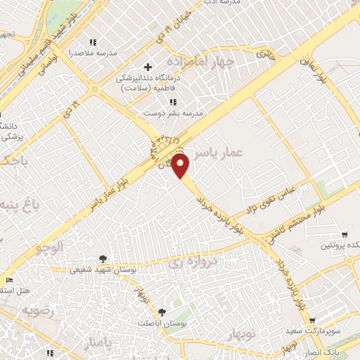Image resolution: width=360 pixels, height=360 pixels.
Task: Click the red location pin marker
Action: (x=181, y=167)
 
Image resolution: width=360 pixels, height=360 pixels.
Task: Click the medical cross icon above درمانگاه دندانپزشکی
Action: (x=148, y=67)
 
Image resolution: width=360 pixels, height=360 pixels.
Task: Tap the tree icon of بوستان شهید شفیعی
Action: (x=104, y=259)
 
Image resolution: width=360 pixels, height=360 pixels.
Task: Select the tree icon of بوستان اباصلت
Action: (x=162, y=311)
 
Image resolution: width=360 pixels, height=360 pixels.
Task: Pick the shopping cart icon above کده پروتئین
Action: (x=344, y=234)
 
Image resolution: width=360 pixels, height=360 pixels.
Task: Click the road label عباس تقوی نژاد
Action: (x=278, y=197)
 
